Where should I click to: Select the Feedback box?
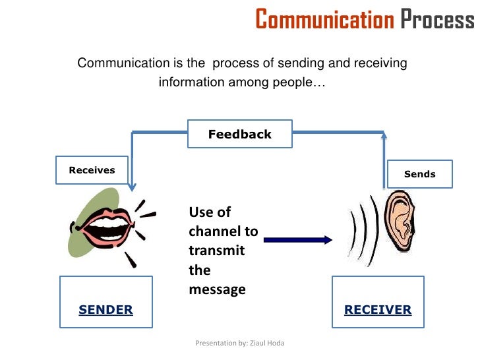239,135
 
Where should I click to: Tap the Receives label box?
92,170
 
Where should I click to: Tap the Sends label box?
419,174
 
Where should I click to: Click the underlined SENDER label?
105,309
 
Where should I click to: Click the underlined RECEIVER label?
378,309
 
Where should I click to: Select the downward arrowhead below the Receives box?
133,187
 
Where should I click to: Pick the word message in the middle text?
217,289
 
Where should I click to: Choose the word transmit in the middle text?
216,251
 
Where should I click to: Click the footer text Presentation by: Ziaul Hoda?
240,343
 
